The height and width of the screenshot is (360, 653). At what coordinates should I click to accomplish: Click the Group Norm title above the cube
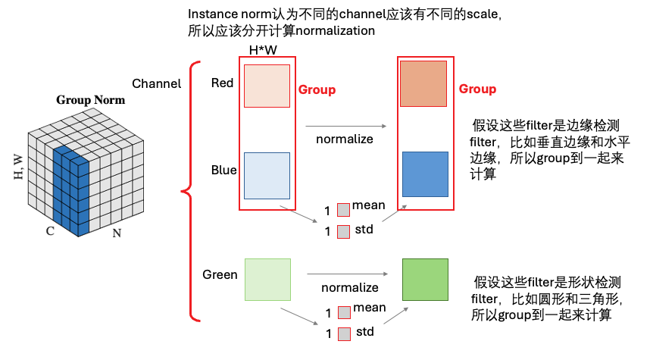(90, 100)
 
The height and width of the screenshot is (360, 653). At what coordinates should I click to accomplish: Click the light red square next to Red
(267, 86)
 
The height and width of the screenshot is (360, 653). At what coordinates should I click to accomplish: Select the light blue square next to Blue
(267, 175)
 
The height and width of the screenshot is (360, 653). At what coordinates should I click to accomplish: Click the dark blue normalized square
(425, 175)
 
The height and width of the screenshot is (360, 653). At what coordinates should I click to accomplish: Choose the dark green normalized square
(425, 281)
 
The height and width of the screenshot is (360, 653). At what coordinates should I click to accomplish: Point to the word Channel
(157, 83)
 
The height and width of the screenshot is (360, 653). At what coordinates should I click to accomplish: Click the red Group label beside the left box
(317, 89)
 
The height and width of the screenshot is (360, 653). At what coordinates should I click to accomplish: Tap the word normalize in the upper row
(345, 139)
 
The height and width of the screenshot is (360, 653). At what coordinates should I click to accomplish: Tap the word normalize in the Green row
(349, 287)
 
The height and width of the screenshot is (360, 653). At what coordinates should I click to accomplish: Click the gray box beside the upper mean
(343, 209)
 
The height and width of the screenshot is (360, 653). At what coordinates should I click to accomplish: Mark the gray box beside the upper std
(343, 230)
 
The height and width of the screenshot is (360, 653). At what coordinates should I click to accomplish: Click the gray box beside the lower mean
(343, 312)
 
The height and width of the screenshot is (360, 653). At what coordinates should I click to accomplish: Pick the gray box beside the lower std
(343, 333)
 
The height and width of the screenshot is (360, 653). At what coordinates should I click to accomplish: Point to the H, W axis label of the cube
(18, 164)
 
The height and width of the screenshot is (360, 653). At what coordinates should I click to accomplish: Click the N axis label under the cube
(117, 233)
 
